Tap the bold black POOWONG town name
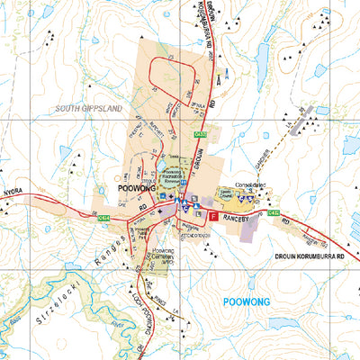(138, 189)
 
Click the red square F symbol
(213, 217)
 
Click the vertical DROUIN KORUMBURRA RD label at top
(201, 29)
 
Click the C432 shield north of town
(200, 135)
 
